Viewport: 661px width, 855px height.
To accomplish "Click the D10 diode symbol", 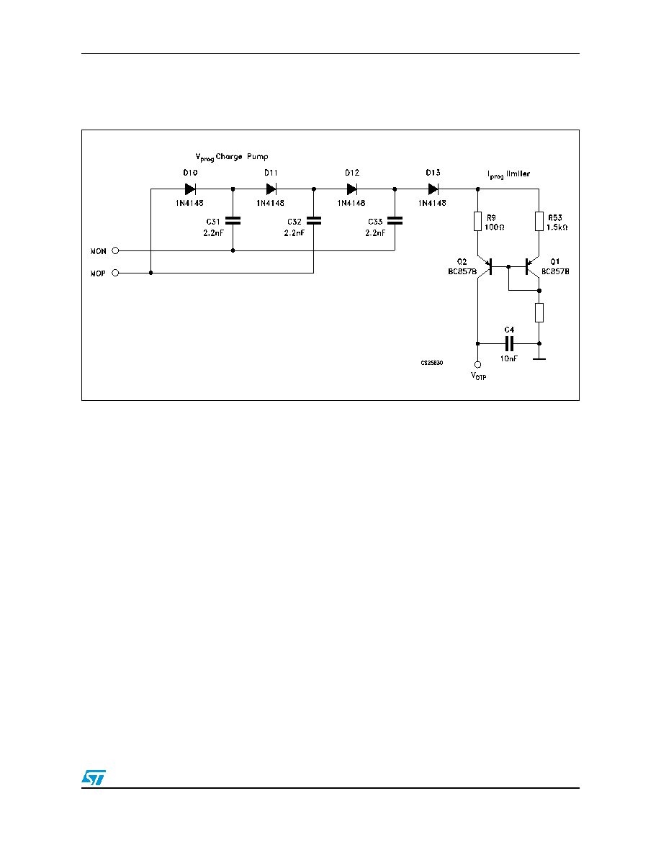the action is click(190, 189).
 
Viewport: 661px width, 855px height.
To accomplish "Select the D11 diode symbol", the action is click(271, 189).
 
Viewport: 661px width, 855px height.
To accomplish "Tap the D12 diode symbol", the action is click(352, 189).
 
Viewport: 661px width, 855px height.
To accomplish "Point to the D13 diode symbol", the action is click(433, 189).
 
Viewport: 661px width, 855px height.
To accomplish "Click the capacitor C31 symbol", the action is click(233, 221).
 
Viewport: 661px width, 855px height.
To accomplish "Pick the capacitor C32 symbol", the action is click(314, 221).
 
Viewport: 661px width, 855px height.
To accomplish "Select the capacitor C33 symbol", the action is click(395, 221).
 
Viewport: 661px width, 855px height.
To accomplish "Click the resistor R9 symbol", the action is click(478, 222).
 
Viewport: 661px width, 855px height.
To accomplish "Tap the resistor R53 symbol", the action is click(539, 222).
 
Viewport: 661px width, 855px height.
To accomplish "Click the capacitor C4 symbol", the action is click(509, 343).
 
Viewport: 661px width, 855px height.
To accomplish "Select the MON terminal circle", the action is click(115, 251).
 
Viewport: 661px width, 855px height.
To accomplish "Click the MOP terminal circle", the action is click(115, 273).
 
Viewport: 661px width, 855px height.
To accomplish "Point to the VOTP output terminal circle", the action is click(478, 365).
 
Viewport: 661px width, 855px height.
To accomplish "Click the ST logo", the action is click(94, 777).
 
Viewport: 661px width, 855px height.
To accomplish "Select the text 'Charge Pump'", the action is click(242, 157).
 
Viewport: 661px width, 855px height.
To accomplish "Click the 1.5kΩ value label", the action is click(557, 227).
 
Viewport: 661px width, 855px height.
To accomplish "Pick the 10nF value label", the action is click(509, 359).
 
